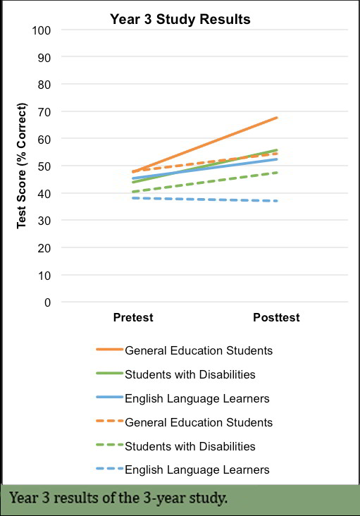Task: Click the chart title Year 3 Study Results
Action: pos(180,20)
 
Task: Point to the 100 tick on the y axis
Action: pos(42,30)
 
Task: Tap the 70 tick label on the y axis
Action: pos(44,112)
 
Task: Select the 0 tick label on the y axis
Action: pos(48,302)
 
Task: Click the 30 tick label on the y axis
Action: pos(44,221)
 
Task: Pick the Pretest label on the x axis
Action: pos(133,317)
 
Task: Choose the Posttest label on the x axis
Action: pos(276,317)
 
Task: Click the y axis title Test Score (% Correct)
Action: pos(22,166)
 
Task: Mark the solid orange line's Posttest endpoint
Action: pos(276,118)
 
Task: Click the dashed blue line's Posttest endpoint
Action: pos(276,201)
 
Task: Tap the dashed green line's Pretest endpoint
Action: pos(133,192)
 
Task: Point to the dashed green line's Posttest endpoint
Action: pos(276,173)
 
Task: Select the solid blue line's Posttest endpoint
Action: pos(276,159)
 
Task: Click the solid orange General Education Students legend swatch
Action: pos(109,349)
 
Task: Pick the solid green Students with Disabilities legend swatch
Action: pos(109,373)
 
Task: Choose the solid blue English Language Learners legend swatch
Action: pos(109,397)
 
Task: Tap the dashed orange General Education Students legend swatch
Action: pos(109,421)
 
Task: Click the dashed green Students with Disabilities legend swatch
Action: pos(109,445)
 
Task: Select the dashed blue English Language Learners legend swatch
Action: pos(109,468)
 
